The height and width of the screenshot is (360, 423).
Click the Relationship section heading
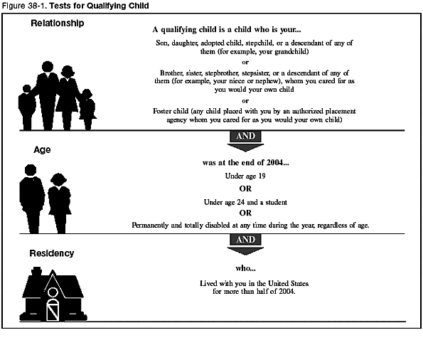click(58, 23)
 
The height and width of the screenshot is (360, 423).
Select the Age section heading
click(43, 150)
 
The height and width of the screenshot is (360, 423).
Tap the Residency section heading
click(52, 253)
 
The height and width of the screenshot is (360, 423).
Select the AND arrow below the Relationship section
click(245, 139)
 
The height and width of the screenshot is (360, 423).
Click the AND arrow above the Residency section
click(245, 242)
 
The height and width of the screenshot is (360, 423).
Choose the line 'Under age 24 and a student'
click(245, 202)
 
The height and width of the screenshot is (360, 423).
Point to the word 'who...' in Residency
click(245, 268)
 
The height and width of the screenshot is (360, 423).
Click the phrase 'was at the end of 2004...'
click(245, 162)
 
